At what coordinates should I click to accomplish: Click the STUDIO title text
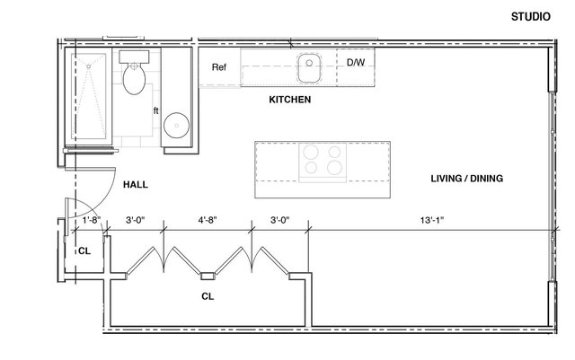531,16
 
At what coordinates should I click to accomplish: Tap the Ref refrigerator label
219,67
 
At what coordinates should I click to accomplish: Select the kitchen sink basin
309,68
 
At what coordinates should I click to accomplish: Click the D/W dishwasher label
356,62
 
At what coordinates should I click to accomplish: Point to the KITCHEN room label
289,100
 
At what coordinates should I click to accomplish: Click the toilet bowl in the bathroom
134,79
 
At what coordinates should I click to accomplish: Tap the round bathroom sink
176,126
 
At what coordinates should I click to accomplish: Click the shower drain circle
88,66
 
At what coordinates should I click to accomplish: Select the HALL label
136,184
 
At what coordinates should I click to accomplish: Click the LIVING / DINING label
466,179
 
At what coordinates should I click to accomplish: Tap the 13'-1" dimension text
432,220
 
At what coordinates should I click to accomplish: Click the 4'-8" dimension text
208,220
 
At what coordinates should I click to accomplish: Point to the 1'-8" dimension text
92,220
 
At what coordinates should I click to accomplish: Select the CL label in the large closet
208,296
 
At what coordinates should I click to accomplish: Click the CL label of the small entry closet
84,251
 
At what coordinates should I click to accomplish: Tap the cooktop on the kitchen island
323,162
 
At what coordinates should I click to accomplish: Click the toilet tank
134,57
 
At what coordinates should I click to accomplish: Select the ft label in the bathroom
155,110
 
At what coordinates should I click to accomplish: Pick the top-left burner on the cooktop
311,151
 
